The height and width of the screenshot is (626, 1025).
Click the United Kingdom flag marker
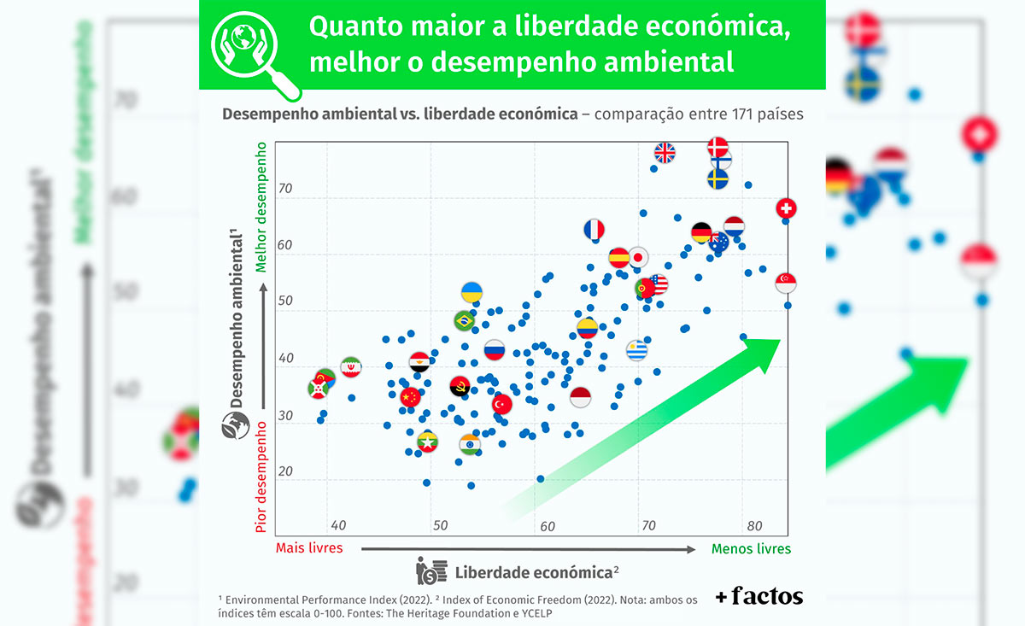click(665, 153)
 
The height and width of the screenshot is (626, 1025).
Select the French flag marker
click(594, 229)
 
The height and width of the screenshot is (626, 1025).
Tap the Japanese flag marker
click(638, 257)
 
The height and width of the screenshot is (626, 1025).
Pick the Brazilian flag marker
click(464, 321)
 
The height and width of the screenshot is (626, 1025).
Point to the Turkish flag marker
click(501, 404)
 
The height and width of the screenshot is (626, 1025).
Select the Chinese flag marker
click(410, 396)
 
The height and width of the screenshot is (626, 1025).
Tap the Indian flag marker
click(470, 444)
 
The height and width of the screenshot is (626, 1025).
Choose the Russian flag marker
click(495, 349)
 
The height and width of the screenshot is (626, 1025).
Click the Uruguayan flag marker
click(637, 350)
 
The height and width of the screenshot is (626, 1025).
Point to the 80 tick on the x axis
click(753, 525)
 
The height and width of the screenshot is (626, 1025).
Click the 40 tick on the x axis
click(338, 525)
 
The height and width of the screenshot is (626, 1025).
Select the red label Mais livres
click(309, 547)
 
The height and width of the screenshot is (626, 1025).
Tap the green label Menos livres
click(751, 548)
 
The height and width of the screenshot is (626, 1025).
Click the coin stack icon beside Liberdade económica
click(431, 570)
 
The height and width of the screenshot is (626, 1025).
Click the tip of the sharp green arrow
click(780, 341)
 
